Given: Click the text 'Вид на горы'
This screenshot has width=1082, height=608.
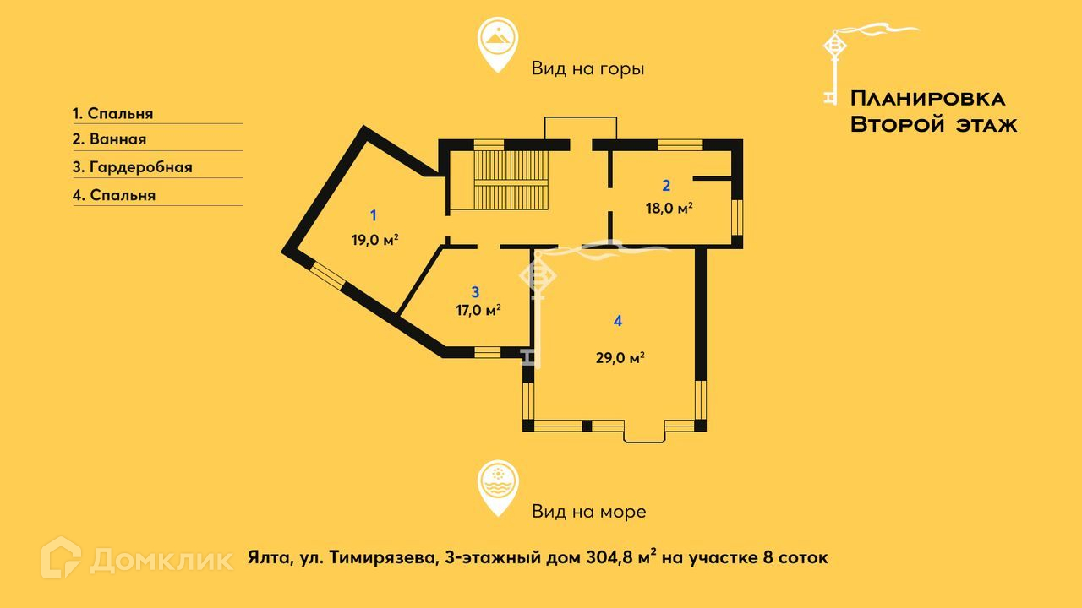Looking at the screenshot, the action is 587,68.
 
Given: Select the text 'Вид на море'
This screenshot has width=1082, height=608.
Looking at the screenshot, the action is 588,511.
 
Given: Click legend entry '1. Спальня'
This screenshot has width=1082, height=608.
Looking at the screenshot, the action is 112,113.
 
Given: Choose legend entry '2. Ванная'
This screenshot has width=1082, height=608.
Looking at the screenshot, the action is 109,139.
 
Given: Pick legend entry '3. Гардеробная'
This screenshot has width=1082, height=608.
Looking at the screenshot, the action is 132,167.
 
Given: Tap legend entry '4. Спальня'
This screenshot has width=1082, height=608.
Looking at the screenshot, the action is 113,195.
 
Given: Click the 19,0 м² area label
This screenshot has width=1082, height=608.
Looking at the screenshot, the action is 374,240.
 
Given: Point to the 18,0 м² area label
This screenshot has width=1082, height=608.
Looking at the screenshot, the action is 669,209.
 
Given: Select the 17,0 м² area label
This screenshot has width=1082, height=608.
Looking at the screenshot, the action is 478,310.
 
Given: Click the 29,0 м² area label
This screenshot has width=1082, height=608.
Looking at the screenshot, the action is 620,357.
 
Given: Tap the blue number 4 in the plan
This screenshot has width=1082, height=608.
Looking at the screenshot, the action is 618,321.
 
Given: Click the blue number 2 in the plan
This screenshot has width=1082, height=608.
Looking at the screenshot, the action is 666,186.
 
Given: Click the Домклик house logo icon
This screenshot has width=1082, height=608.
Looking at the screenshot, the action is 61,558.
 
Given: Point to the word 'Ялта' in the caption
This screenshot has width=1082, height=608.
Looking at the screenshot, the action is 267,558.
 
